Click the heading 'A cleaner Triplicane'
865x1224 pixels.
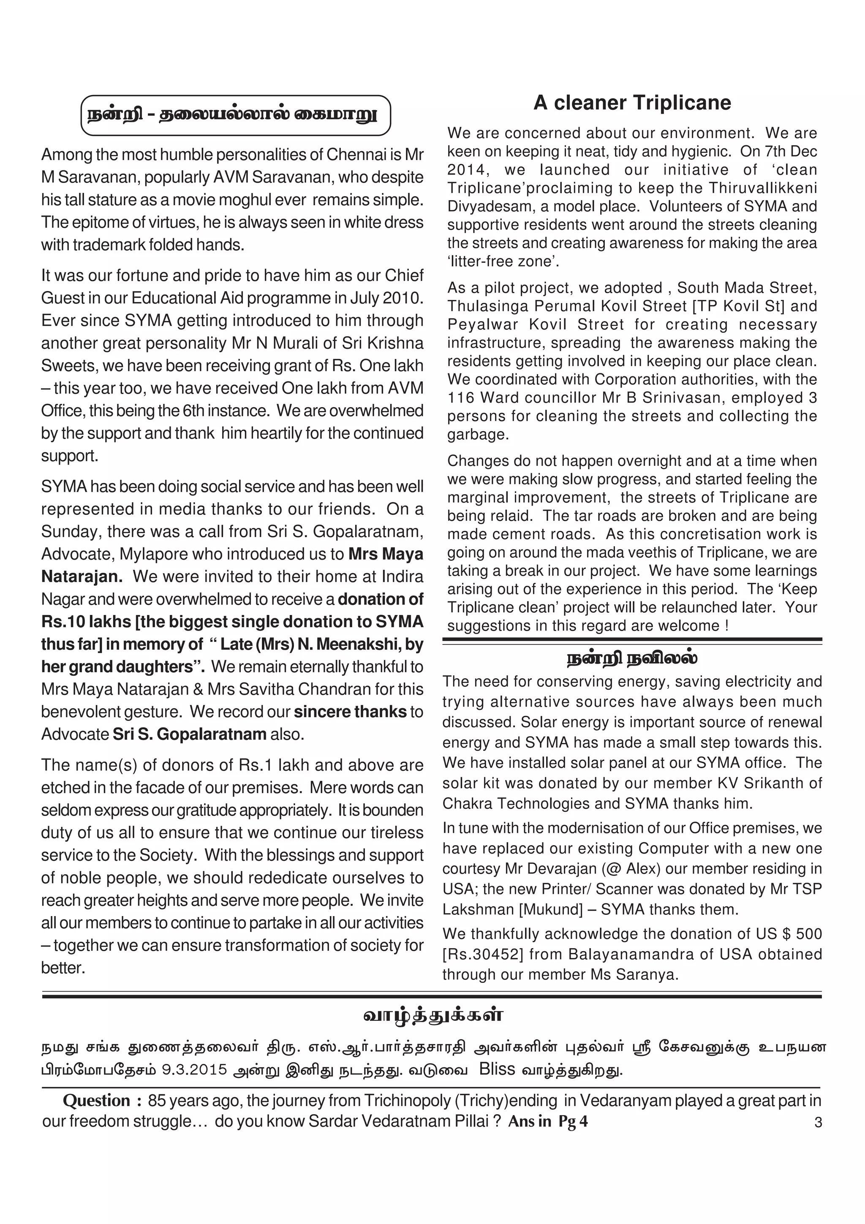[632, 103]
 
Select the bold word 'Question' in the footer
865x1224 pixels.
[96, 1100]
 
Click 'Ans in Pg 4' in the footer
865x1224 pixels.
[548, 1122]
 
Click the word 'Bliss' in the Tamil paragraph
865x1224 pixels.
[497, 1069]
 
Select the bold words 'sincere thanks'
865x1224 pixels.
[350, 712]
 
